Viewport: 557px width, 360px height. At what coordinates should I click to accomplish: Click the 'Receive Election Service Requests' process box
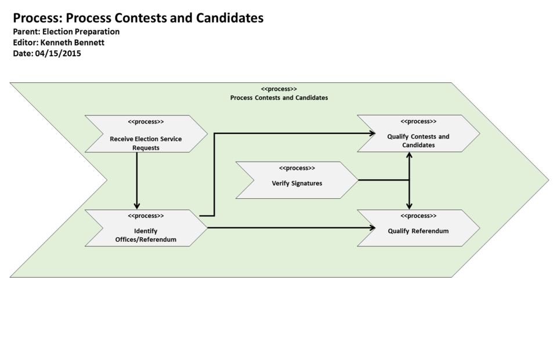(x=146, y=139)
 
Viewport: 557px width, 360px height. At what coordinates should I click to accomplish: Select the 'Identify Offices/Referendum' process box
(x=146, y=231)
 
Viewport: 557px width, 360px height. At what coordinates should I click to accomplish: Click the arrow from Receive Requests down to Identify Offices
(x=137, y=180)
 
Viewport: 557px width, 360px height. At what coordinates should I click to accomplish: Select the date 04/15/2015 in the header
(x=57, y=53)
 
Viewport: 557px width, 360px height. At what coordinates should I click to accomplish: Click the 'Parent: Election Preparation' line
(x=66, y=32)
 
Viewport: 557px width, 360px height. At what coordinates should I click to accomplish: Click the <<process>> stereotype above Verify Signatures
(x=296, y=168)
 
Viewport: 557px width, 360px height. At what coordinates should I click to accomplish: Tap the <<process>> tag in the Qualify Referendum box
(x=418, y=216)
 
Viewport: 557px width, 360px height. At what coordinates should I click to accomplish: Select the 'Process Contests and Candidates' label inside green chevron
(x=278, y=98)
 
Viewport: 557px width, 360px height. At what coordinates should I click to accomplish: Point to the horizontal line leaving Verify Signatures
(x=383, y=180)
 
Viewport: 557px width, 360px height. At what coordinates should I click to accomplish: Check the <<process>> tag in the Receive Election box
(x=146, y=122)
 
